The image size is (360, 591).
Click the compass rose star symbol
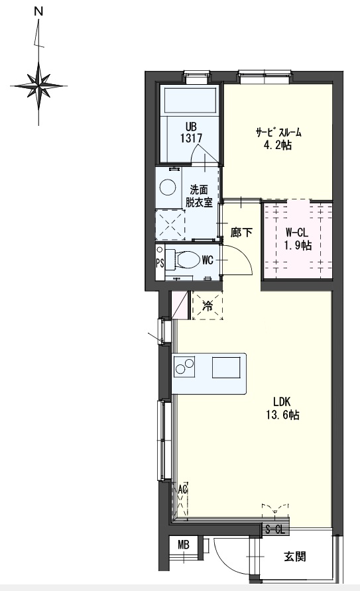click(x=38, y=86)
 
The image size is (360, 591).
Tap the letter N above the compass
click(x=38, y=12)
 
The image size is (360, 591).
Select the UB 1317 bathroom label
click(x=191, y=133)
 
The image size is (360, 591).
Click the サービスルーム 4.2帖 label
click(x=278, y=138)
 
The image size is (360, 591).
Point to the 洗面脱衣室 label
click(x=199, y=195)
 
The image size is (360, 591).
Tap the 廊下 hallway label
click(x=241, y=233)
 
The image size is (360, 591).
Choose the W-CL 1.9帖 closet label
click(x=298, y=239)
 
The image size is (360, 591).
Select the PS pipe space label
click(x=160, y=263)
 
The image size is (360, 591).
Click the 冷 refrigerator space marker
click(x=208, y=305)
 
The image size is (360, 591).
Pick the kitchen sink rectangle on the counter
click(x=226, y=367)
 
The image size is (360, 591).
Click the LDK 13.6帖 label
click(x=283, y=408)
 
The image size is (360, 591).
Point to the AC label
click(x=183, y=490)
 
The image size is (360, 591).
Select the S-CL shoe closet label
click(x=274, y=529)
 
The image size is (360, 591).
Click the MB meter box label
click(x=184, y=545)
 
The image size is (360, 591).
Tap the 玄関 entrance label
click(x=295, y=557)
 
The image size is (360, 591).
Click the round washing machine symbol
click(x=166, y=187)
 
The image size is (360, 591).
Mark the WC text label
click(x=208, y=260)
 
